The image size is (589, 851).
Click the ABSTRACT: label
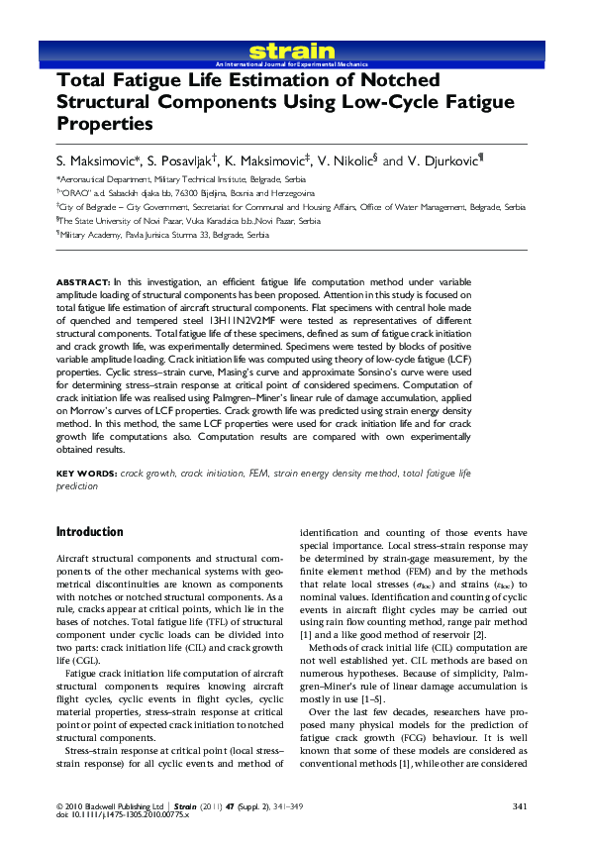click(83, 282)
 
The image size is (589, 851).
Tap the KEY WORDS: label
click(86, 475)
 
